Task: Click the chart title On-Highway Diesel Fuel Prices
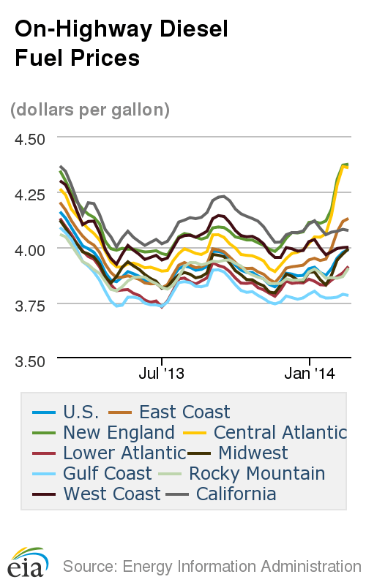click(x=122, y=43)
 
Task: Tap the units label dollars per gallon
click(x=90, y=110)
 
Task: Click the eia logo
click(x=28, y=562)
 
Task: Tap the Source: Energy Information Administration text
click(x=212, y=566)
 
